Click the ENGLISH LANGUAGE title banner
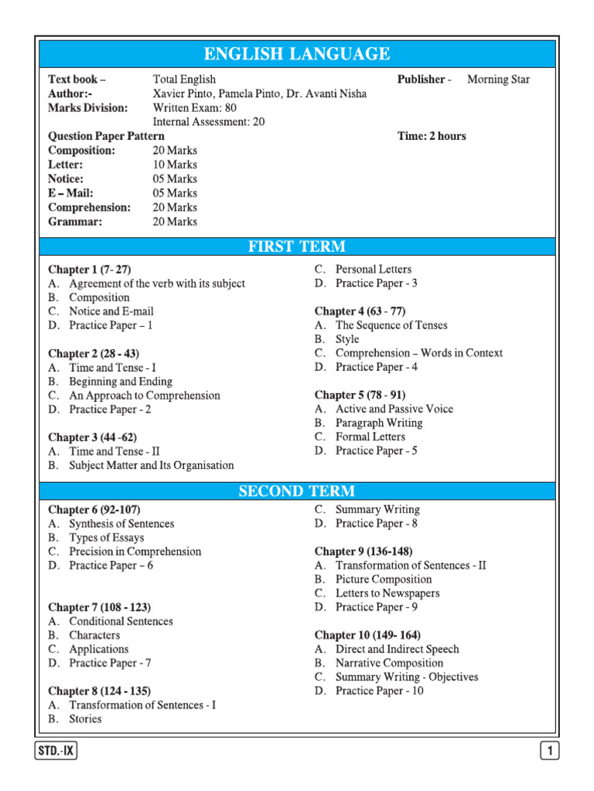(297, 54)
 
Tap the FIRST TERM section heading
(297, 247)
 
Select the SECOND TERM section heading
(297, 491)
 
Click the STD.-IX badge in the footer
(57, 751)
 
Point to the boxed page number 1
(548, 751)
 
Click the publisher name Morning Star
(499, 80)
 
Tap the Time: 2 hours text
(432, 136)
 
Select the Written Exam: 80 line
(195, 107)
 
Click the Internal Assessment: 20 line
(209, 122)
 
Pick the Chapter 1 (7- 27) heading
(90, 270)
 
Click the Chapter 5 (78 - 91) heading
(360, 395)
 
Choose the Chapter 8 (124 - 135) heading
(99, 691)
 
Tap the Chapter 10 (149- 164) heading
(367, 635)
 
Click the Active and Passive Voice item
(394, 409)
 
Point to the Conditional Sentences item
(121, 621)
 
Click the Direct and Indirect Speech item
(397, 649)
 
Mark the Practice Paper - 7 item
(110, 663)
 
